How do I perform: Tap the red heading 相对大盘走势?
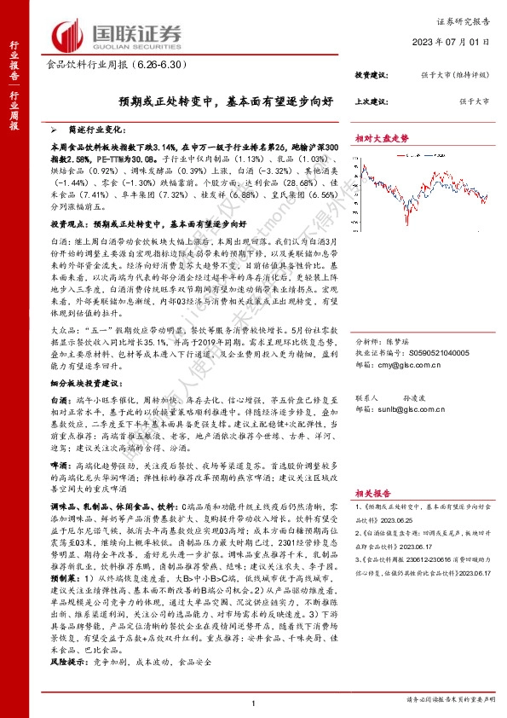coord(382,138)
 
